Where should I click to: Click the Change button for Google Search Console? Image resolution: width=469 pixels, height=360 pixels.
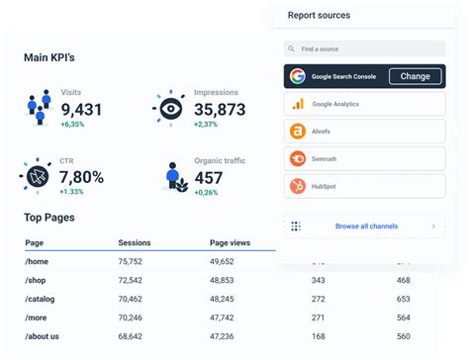coord(415,76)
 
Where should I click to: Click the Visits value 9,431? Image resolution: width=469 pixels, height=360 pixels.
coord(81,109)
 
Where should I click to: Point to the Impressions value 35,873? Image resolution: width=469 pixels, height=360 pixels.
coord(220,109)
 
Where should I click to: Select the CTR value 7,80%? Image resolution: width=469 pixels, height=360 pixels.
coord(81,177)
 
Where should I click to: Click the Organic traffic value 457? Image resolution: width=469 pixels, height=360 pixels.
coord(209,177)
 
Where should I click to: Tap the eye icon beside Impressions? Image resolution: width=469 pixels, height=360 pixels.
coord(170,106)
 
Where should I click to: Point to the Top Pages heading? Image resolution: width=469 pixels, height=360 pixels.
coord(49,218)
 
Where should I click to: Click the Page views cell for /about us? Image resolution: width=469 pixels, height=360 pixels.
coord(228,335)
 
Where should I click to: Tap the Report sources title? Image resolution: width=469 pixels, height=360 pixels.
coord(319,15)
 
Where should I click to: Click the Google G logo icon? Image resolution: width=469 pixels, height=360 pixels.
coord(297,76)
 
